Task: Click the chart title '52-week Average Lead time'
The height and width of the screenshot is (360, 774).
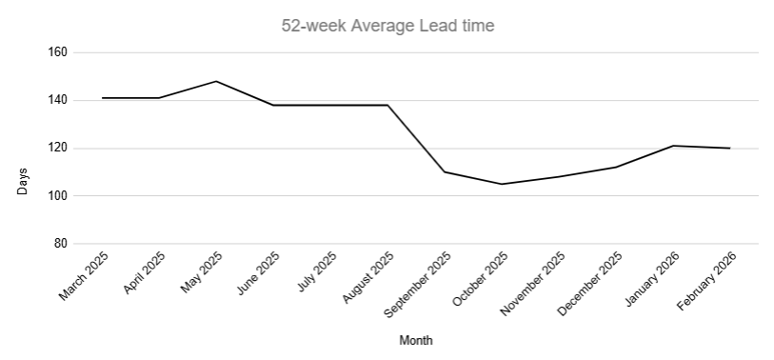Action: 387,26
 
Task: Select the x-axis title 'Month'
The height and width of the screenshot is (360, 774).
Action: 416,340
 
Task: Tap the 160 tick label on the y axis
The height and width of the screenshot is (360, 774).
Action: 56,52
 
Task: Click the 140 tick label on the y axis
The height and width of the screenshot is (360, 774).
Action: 56,100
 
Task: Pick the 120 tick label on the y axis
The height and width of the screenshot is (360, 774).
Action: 56,148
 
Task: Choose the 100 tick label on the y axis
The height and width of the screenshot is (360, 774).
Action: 56,195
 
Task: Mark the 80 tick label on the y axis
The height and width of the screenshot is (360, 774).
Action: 59,244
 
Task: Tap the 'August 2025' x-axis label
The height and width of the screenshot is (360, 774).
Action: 368,275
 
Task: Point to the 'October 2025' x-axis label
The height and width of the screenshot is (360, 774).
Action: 482,277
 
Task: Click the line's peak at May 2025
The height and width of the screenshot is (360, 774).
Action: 216,81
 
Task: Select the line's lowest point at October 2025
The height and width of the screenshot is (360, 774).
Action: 502,184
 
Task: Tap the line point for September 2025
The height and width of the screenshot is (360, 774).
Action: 445,171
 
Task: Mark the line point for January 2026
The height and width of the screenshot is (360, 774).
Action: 673,146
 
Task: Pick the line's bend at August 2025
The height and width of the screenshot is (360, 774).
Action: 387,105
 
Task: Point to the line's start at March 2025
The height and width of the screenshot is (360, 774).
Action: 102,98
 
